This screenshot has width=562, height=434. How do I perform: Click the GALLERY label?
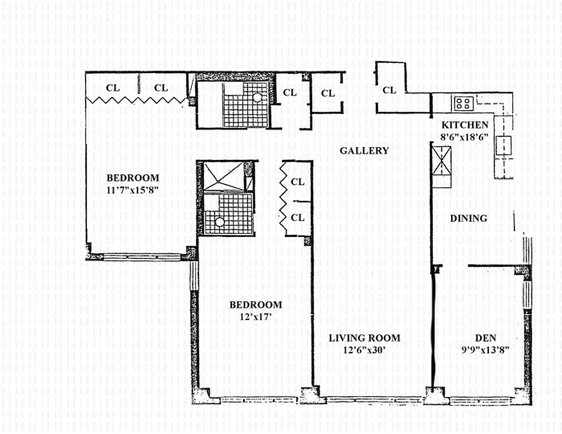coord(364,151)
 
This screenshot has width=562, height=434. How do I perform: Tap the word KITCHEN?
coord(464,125)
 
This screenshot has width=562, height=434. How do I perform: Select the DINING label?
coord(469,218)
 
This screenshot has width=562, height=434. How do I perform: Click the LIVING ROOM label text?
coord(364,338)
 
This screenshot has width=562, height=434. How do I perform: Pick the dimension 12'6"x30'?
coord(364,350)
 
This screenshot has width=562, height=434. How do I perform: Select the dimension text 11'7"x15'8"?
coord(133,190)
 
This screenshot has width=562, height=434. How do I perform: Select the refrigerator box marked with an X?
coord(442,161)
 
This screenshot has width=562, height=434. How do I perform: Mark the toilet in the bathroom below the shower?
coord(219,221)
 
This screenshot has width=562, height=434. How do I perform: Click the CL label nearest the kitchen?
coord(389,90)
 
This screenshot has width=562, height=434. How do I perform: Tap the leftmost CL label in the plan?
coord(113,87)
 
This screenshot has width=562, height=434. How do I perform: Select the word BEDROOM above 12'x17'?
coord(255,304)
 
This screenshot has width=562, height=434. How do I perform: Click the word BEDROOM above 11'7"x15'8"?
coord(133,177)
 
